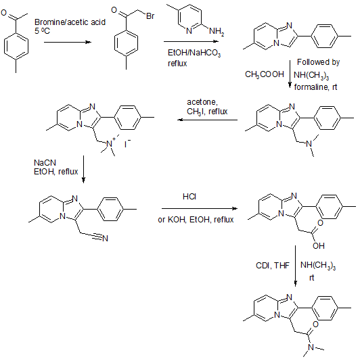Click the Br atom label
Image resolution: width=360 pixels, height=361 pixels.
pyautogui.click(x=150, y=16)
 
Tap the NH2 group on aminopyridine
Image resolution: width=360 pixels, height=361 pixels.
pyautogui.click(x=217, y=31)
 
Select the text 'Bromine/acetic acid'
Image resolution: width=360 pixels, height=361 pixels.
pyautogui.click(x=70, y=22)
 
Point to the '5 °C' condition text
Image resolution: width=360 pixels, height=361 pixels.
pyautogui.click(x=42, y=31)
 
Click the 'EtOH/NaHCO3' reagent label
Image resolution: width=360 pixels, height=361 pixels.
pyautogui.click(x=194, y=53)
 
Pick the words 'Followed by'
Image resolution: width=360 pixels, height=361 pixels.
pyautogui.click(x=318, y=62)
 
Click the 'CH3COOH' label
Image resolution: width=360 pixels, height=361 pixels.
pyautogui.click(x=265, y=74)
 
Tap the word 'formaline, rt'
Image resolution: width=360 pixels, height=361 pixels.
pyautogui.click(x=315, y=87)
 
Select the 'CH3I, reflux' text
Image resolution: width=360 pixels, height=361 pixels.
pyautogui.click(x=207, y=112)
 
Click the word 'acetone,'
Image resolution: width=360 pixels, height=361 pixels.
pyautogui.click(x=202, y=102)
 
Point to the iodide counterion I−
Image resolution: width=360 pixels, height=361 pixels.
pyautogui.click(x=127, y=144)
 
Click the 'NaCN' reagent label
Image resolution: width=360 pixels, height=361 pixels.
pyautogui.click(x=45, y=163)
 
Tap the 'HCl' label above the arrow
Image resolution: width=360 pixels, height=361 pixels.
pyautogui.click(x=189, y=197)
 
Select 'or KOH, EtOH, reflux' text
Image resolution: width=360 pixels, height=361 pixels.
pyautogui.click(x=196, y=220)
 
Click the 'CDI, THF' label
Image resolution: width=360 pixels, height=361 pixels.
pyautogui.click(x=273, y=266)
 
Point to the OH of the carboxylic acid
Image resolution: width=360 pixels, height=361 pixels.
pyautogui.click(x=319, y=246)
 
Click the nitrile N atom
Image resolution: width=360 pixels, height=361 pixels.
pyautogui.click(x=105, y=238)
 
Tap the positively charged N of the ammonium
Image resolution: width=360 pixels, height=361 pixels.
pyautogui.click(x=109, y=144)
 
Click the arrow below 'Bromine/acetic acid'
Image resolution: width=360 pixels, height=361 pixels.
pyautogui.click(x=68, y=42)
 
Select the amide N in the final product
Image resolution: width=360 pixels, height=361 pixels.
pyautogui.click(x=311, y=347)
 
